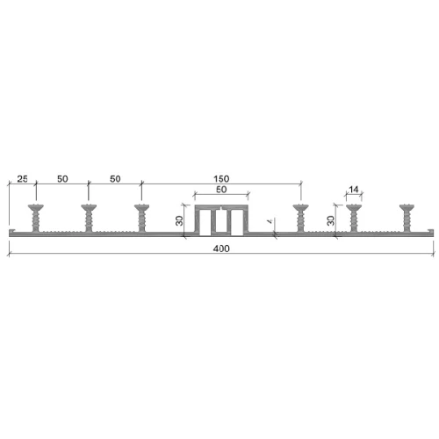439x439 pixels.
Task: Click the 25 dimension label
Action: [x=22, y=179]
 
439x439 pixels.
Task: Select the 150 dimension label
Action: [x=221, y=179]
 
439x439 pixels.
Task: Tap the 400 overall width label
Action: [x=221, y=248]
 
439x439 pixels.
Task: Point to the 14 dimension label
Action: [x=354, y=190]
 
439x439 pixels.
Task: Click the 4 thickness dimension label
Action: [x=270, y=221]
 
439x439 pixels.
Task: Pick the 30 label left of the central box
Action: [x=180, y=220]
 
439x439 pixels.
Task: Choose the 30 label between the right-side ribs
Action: [x=330, y=220]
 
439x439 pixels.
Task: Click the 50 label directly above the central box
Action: [x=221, y=190]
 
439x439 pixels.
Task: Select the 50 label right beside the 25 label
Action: [x=62, y=179]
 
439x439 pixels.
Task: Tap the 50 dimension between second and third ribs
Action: [x=115, y=179]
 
